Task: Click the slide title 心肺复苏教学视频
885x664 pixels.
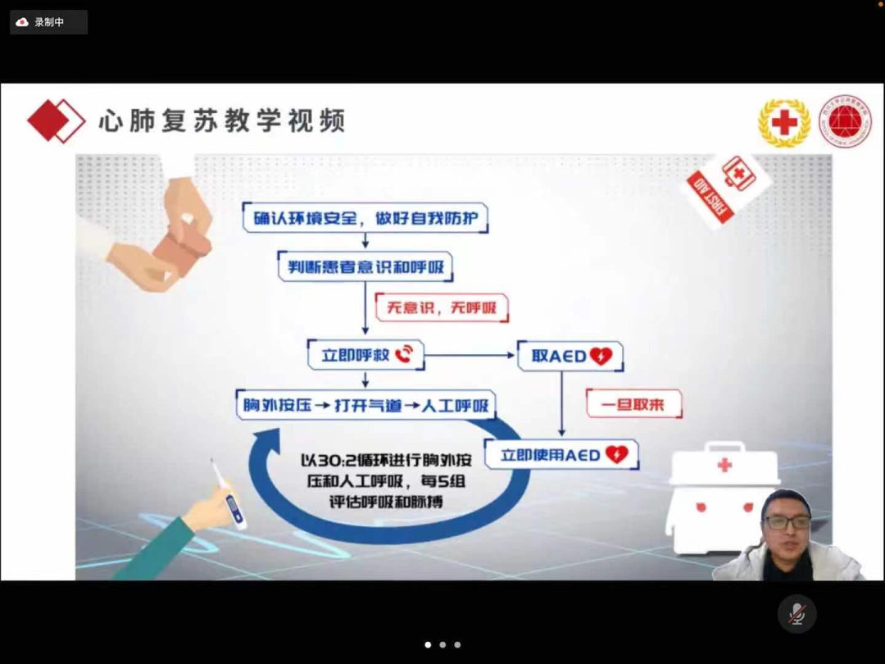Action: click(221, 121)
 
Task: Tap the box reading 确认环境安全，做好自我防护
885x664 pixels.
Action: click(365, 218)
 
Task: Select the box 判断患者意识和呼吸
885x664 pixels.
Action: click(365, 266)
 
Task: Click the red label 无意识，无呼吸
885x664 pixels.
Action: click(442, 308)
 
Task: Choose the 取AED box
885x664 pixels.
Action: click(570, 356)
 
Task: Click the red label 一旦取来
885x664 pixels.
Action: click(633, 404)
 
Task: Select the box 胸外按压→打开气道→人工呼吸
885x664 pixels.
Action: click(365, 405)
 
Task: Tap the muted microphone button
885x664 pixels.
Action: click(796, 614)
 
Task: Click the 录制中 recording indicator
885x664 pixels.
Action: click(48, 22)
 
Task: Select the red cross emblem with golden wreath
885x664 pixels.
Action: click(784, 123)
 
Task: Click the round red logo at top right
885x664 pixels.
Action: click(846, 121)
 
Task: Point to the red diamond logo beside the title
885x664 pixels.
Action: click(56, 121)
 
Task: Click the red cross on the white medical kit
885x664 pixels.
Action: click(724, 466)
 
